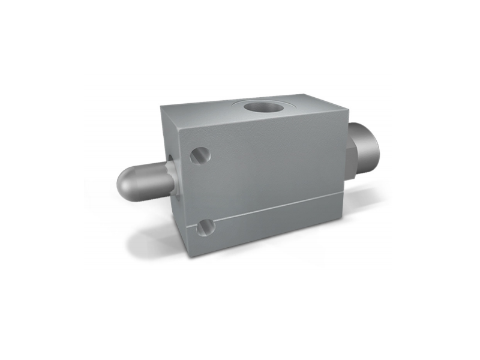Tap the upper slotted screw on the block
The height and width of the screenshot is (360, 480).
200,155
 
